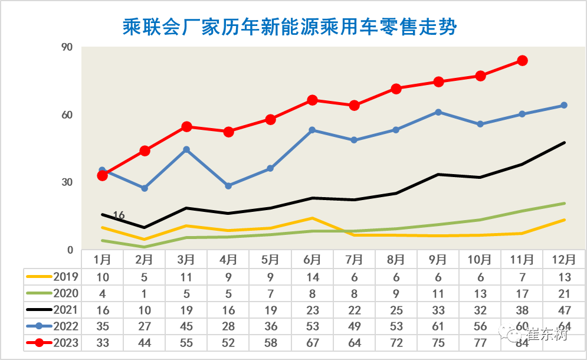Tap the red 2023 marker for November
(x=522, y=60)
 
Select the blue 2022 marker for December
(x=564, y=105)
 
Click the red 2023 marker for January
(x=103, y=175)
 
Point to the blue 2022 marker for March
(x=186, y=150)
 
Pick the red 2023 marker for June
(x=313, y=100)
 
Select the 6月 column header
(x=312, y=259)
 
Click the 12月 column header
(x=563, y=259)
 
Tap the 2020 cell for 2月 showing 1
(x=145, y=293)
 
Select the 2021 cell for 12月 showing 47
(x=563, y=310)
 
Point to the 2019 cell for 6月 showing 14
(x=312, y=276)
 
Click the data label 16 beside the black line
(x=119, y=215)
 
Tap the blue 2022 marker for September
(x=438, y=112)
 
